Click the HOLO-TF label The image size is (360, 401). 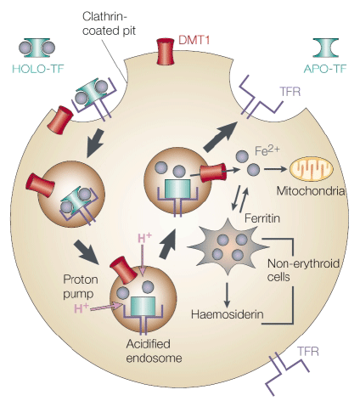click(x=38, y=69)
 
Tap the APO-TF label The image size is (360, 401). click(x=325, y=69)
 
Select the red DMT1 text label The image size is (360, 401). click(x=194, y=40)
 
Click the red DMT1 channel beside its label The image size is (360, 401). click(x=166, y=52)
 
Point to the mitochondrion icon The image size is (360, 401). click(x=311, y=169)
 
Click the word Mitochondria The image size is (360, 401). click(x=311, y=191)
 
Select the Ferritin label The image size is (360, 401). click(x=262, y=218)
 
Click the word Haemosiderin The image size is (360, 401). click(x=228, y=314)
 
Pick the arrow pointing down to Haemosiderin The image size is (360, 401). click(x=227, y=295)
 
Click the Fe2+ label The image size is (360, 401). click(x=267, y=150)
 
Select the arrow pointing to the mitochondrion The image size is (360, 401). click(x=275, y=169)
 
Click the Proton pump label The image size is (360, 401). click(x=81, y=286)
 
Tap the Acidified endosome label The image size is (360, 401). click(x=154, y=351)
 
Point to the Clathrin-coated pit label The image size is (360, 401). click(x=110, y=24)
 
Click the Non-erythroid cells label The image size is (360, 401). click(x=303, y=270)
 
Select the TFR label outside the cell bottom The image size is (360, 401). click(x=308, y=352)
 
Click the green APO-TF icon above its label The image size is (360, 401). click(x=325, y=48)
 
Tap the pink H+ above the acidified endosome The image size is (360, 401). click(x=144, y=238)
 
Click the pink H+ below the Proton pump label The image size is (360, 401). click(x=82, y=308)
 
